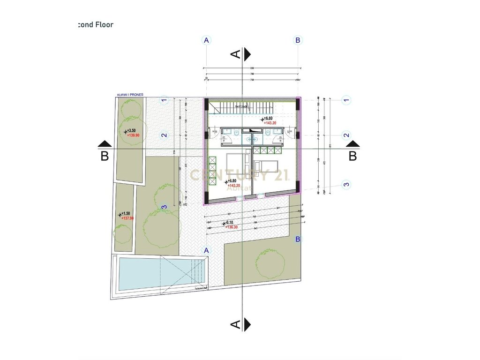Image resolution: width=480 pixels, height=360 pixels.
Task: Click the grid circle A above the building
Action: click(206, 40)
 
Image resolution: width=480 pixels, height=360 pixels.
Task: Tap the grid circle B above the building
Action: click(298, 40)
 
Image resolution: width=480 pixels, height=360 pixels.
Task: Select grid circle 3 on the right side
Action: click(346, 184)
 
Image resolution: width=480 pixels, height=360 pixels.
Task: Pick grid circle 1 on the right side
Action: click(346, 99)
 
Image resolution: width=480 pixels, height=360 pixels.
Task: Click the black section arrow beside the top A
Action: click(247, 54)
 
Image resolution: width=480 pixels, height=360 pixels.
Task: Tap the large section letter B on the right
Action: click(352, 156)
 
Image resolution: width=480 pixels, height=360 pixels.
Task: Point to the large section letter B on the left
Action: click(105, 156)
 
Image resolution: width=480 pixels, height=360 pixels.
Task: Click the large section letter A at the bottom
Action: click(236, 324)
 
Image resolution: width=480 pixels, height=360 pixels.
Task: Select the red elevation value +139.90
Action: click(134, 135)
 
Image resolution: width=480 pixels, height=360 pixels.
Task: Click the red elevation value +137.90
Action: click(127, 218)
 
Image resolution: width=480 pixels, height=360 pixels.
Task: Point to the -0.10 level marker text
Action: click(230, 223)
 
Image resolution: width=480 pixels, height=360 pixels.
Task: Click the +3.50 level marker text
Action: click(132, 130)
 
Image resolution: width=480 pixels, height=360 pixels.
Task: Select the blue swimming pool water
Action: click(141, 273)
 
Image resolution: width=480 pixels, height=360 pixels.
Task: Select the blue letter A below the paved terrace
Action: click(206, 250)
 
